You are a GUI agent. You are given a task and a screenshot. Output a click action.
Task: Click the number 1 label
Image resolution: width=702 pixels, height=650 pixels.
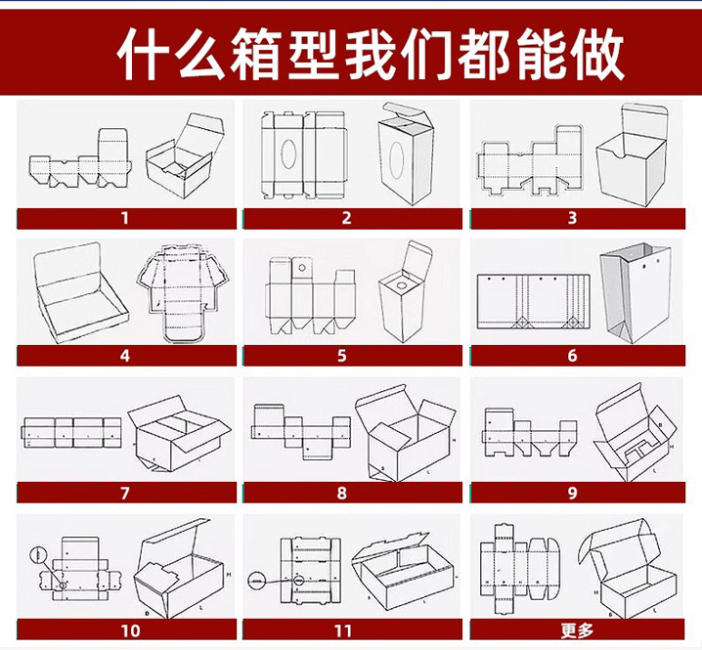124,219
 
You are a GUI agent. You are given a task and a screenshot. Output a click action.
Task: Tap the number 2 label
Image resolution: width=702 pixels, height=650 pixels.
346,219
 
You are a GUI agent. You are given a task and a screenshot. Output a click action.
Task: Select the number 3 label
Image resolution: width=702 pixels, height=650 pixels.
573,219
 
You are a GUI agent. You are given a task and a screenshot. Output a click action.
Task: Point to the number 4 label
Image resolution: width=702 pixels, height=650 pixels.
124,356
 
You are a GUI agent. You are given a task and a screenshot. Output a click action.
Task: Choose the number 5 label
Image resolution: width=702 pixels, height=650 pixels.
342,356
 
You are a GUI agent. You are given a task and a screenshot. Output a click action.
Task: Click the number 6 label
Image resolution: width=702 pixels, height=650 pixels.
573,356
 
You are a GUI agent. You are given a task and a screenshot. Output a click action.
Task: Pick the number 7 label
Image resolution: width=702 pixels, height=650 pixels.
124,493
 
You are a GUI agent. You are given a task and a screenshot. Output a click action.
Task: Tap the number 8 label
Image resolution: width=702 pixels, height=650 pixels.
342,493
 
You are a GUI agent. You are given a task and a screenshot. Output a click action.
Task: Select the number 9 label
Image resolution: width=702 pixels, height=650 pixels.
573,493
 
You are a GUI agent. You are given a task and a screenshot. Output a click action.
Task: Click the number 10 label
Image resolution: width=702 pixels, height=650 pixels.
130,630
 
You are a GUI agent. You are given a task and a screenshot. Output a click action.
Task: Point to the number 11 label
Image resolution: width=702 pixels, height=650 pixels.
342,630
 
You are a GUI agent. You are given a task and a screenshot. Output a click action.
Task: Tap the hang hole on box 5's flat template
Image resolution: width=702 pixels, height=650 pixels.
302,266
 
